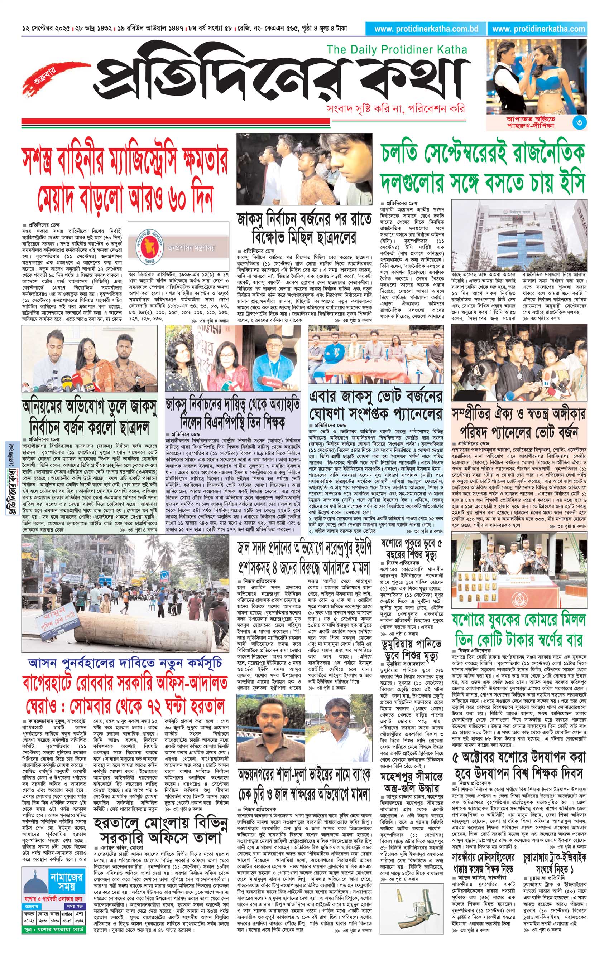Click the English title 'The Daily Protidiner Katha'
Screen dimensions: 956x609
click(x=397, y=50)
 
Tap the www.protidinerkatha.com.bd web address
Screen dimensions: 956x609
click(x=426, y=29)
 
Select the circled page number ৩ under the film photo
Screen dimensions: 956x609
click(x=580, y=123)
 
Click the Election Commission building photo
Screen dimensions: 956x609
click(x=518, y=236)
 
